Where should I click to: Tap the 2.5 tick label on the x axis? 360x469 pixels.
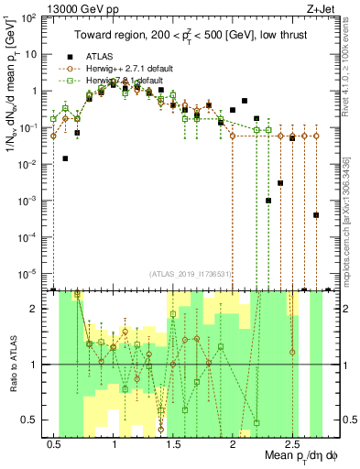(292, 444)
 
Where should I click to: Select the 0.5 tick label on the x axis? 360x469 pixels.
(54, 444)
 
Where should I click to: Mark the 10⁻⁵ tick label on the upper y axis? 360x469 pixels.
(28, 272)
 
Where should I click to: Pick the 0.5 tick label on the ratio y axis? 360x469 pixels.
(30, 420)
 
